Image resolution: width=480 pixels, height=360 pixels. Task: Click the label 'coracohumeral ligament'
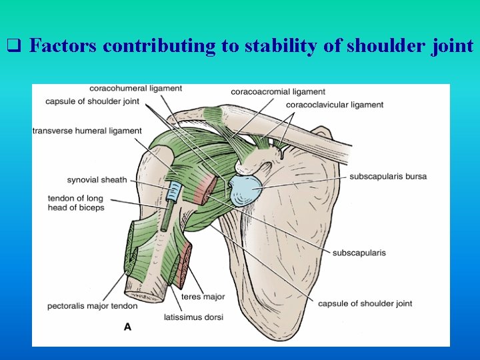(x=135, y=88)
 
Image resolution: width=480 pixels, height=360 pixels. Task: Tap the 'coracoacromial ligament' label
(x=278, y=91)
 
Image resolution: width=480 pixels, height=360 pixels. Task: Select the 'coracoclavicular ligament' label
(x=334, y=105)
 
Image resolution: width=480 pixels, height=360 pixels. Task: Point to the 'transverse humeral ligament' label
(x=87, y=131)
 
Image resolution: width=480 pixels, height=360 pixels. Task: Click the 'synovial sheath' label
(x=97, y=180)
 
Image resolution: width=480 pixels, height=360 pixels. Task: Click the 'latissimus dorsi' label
(x=193, y=317)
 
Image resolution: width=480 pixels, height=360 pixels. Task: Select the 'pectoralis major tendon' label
(x=92, y=306)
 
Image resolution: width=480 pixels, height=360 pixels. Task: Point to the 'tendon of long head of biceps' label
(x=76, y=203)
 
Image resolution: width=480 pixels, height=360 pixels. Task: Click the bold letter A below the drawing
(x=127, y=327)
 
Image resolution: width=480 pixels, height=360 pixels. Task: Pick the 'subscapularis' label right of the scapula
(x=359, y=253)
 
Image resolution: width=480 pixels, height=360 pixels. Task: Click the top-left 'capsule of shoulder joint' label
(x=92, y=101)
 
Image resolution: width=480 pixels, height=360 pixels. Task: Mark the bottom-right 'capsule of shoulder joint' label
(x=365, y=303)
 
